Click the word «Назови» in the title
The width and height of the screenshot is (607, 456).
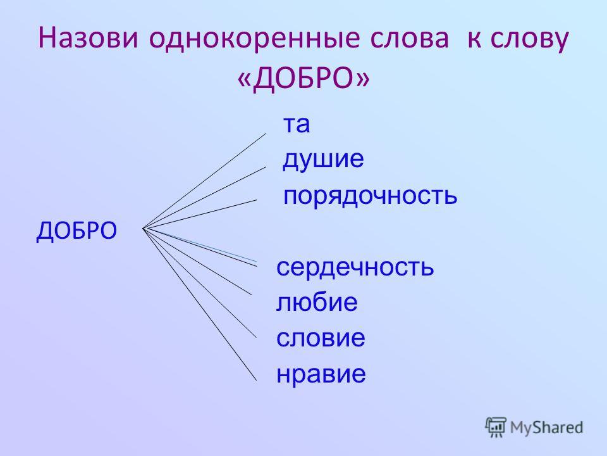click(89, 39)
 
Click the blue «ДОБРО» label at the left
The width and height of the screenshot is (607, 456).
click(77, 231)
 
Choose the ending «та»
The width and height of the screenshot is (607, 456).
click(297, 125)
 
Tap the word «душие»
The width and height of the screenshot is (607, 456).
click(323, 159)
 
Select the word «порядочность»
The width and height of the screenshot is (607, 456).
click(370, 196)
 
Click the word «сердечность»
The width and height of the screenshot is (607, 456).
click(355, 267)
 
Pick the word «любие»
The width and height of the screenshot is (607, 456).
click(317, 302)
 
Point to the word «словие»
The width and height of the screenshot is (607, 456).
click(321, 338)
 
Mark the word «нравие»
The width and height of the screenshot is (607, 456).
click(321, 374)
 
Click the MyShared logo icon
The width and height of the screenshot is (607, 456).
click(496, 427)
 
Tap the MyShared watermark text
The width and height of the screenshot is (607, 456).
click(546, 427)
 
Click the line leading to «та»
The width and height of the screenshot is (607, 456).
click(204, 181)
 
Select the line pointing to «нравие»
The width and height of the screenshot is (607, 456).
click(199, 305)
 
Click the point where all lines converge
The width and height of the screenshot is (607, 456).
click(143, 229)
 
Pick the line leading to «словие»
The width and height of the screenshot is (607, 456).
click(199, 283)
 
